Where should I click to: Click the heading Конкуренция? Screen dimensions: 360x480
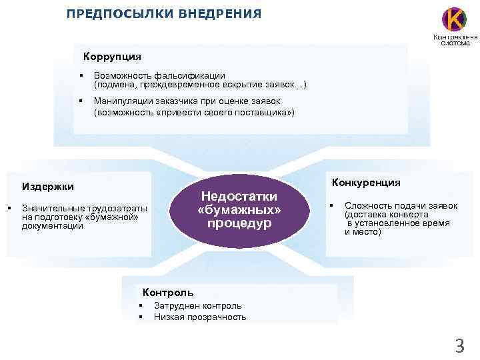[x=365, y=181]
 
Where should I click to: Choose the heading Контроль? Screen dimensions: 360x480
[x=168, y=292]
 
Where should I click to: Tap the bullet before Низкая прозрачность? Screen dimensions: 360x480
[x=141, y=317]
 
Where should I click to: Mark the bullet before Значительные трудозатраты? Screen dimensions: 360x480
[x=9, y=209]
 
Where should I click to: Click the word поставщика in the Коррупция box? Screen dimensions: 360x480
[x=257, y=113]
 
